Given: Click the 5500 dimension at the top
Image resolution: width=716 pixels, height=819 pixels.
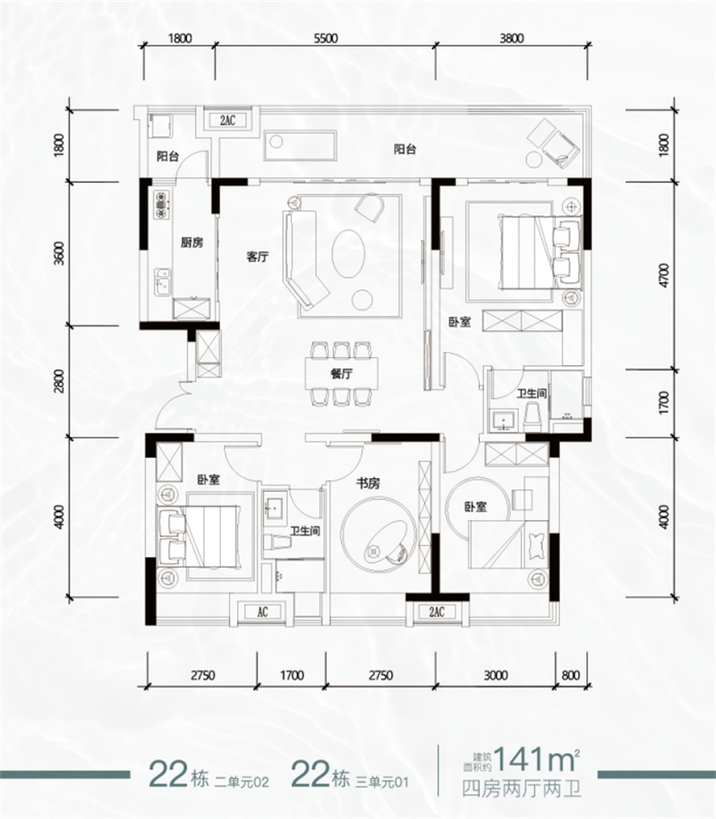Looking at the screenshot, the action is (x=326, y=38).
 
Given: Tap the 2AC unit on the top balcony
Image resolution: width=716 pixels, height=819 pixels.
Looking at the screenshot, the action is (x=227, y=120).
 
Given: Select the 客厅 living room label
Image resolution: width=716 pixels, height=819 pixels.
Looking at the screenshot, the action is (x=258, y=257).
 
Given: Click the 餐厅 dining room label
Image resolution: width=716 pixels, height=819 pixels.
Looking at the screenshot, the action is (x=342, y=373).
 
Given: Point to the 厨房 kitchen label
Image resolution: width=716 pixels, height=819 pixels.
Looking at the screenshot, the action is (x=192, y=243).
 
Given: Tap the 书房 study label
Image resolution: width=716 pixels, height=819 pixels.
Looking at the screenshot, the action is (x=368, y=483).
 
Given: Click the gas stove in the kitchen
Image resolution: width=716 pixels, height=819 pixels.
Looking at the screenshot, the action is (x=162, y=204).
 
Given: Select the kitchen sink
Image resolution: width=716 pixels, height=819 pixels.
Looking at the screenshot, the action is (x=162, y=282).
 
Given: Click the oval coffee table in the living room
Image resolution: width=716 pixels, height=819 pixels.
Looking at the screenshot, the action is (x=348, y=254).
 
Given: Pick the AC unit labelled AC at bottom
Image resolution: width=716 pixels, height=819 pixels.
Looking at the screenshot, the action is (x=262, y=611).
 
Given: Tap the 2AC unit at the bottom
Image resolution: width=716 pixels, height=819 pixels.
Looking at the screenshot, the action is (x=437, y=611).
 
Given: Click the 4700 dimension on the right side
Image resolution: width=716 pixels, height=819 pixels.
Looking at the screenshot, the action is (x=664, y=276).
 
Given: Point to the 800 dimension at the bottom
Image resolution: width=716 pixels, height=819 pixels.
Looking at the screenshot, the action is (x=571, y=676).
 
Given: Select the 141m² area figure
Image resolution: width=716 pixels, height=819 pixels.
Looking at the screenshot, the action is (x=537, y=759).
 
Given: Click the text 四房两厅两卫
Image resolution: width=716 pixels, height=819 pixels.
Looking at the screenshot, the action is (x=522, y=789).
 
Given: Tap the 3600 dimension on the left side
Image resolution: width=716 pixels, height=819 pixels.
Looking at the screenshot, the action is (x=59, y=252).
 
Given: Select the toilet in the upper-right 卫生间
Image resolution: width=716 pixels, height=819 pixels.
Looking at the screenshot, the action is (x=533, y=415).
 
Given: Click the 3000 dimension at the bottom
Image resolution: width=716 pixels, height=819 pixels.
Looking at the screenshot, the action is (x=495, y=676).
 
